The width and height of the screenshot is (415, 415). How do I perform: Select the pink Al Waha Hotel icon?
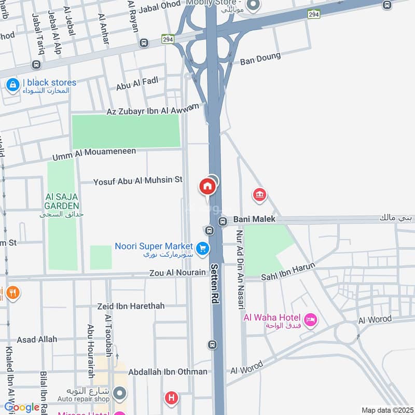pos(311,321)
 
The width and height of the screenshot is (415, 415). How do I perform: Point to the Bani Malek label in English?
pos(254,219)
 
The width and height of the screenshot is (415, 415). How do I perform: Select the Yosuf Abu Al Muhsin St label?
pos(138,181)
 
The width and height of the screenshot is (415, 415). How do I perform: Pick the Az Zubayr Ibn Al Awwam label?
pos(153,109)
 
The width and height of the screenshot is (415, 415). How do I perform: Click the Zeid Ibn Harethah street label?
pos(131,306)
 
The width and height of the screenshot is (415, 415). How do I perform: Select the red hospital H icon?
pos(171,398)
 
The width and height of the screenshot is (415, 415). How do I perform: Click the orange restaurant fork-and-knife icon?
pos(12,294)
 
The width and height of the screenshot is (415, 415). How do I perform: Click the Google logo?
pos(22,407)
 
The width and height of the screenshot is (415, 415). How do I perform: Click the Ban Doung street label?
pos(260,59)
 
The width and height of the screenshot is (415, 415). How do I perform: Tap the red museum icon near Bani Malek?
pos(259,195)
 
